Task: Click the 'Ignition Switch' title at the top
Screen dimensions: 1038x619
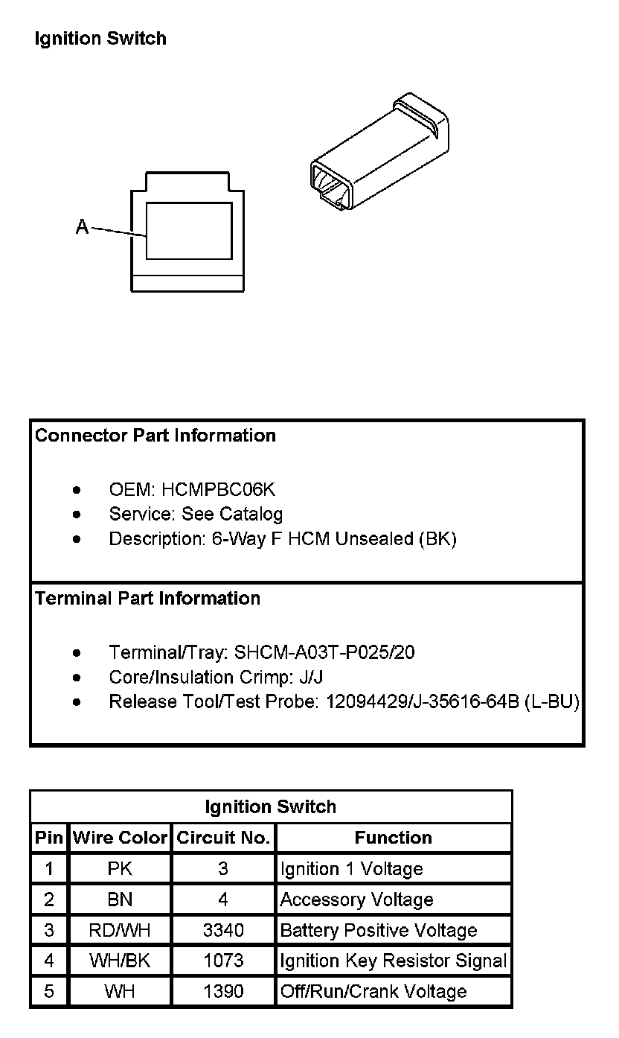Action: [x=100, y=39]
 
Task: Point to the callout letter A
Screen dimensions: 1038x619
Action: [x=83, y=227]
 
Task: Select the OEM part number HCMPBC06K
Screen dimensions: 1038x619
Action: [x=218, y=490]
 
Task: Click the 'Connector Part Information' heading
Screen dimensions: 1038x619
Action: [x=155, y=436]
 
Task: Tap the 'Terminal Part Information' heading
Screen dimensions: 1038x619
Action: [x=147, y=599]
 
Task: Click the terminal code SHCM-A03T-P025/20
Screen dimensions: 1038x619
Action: [x=324, y=653]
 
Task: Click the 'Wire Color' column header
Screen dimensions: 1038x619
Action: [x=120, y=838]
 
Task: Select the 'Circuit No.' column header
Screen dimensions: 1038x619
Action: [x=223, y=838]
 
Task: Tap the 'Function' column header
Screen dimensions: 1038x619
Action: [x=393, y=838]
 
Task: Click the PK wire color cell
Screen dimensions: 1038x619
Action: [x=120, y=869]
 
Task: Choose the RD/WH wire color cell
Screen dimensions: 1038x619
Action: [x=120, y=930]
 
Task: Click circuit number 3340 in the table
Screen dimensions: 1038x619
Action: [x=223, y=930]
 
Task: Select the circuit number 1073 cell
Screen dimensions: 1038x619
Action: [x=223, y=961]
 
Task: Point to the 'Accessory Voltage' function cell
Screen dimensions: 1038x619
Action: [x=356, y=900]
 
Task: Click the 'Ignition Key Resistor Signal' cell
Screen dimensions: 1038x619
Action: [x=393, y=961]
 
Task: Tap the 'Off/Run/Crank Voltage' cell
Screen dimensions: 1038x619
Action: [x=373, y=992]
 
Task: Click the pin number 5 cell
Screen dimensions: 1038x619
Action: [x=49, y=992]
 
